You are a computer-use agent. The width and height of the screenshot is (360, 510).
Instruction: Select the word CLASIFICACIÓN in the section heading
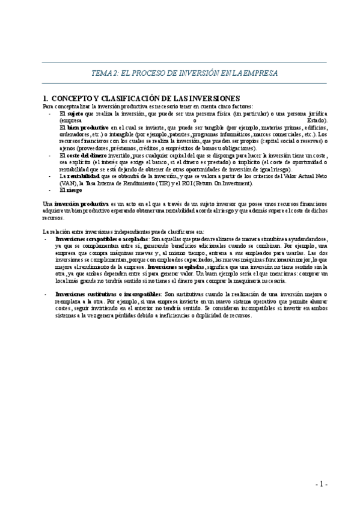pyautogui.click(x=142, y=97)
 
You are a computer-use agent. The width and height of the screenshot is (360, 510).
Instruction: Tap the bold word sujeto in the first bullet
pyautogui.click(x=74, y=112)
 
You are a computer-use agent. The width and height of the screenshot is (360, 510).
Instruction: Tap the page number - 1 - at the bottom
pyautogui.click(x=321, y=484)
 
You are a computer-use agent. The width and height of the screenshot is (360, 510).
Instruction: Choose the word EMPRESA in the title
pyautogui.click(x=261, y=73)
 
